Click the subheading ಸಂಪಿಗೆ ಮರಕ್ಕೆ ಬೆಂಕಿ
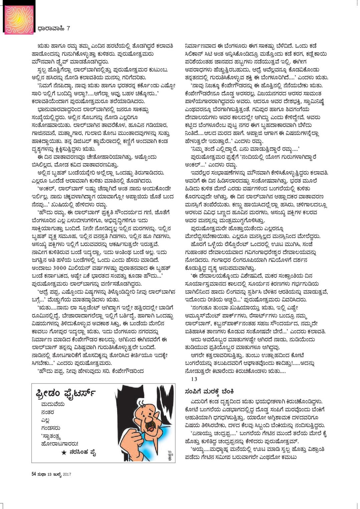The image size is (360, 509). (210, 391)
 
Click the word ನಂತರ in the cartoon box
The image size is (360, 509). (46, 412)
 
